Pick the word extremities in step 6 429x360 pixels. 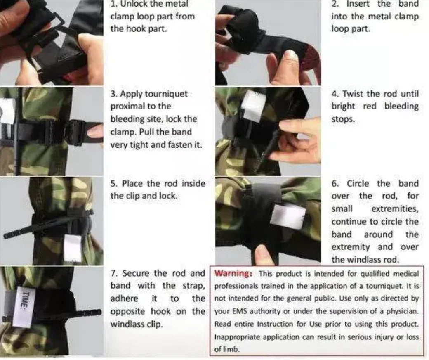click(395, 209)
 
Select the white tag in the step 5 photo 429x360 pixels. click(73, 248)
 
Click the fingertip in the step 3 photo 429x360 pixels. click(97, 132)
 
